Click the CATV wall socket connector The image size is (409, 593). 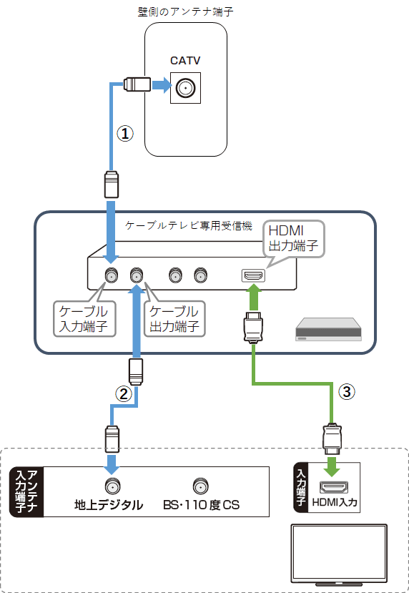point(186,89)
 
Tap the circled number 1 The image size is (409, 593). point(125,134)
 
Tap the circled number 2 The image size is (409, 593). point(124,393)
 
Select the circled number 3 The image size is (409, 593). point(346,391)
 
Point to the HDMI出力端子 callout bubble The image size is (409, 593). point(293,238)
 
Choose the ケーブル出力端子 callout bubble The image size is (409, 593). point(174,319)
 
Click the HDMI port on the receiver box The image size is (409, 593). point(252,275)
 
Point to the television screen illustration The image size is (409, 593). point(337,553)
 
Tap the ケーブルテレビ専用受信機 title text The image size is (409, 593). point(189,225)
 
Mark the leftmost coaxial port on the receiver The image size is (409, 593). point(112,275)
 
